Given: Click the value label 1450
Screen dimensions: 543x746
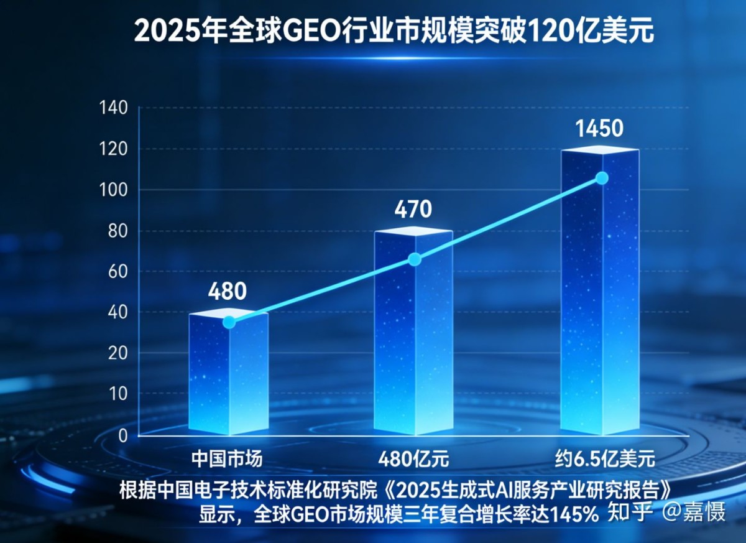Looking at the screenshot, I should pyautogui.click(x=599, y=128).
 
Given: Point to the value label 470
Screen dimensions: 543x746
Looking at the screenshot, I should pyautogui.click(x=413, y=210).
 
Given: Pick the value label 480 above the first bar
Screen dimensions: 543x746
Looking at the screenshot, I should pyautogui.click(x=228, y=291).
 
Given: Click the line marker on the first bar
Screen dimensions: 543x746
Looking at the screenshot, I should pyautogui.click(x=229, y=322).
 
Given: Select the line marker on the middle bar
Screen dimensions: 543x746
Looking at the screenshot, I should pyautogui.click(x=415, y=259).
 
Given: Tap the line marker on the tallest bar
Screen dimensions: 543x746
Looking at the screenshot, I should pyautogui.click(x=602, y=178).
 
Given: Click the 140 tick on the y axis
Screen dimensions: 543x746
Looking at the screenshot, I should pyautogui.click(x=114, y=109).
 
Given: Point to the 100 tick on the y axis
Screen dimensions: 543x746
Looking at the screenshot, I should pyautogui.click(x=114, y=190).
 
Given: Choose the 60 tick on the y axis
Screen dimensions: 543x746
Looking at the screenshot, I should pyautogui.click(x=118, y=272).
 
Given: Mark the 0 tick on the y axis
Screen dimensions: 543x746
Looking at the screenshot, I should pyautogui.click(x=122, y=435).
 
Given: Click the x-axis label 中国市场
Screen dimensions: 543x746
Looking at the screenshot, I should pyautogui.click(x=227, y=460).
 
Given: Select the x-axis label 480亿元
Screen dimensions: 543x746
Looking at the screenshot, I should pyautogui.click(x=413, y=460).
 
